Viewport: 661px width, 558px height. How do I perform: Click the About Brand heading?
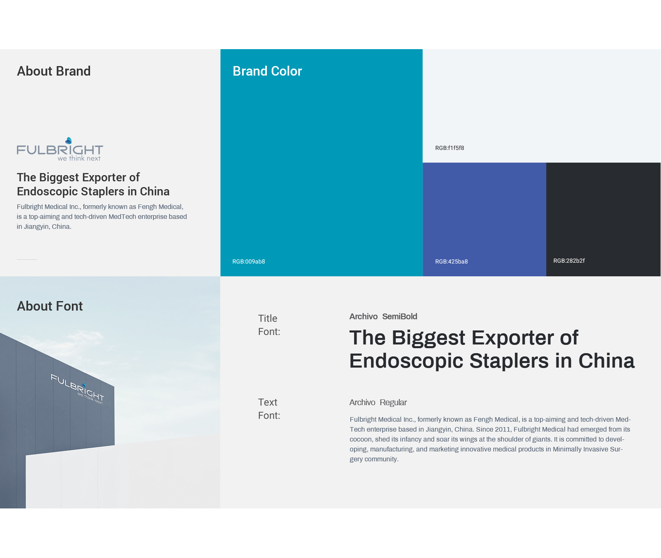(54, 71)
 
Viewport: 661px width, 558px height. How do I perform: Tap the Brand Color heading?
(267, 71)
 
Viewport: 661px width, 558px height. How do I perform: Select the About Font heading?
(50, 306)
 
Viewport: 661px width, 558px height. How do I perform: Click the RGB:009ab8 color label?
(249, 261)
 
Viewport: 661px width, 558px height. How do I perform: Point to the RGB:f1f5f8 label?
(449, 148)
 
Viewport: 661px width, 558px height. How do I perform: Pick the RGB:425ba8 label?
(452, 261)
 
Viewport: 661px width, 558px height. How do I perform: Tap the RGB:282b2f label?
(569, 261)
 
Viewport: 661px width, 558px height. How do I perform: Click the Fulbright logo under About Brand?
(60, 149)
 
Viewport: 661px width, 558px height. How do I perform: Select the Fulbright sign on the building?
(78, 389)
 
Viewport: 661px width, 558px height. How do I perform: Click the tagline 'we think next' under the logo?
(79, 158)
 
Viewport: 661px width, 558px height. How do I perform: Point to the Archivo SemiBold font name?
(383, 316)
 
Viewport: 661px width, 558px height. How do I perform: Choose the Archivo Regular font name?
(378, 402)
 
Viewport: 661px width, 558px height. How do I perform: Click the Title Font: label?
(269, 325)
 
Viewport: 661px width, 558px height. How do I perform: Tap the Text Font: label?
(269, 409)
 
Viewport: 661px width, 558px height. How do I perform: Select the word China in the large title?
(606, 361)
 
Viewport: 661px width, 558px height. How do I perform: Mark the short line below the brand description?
(27, 259)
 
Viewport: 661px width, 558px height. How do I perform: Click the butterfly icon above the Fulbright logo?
(69, 141)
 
